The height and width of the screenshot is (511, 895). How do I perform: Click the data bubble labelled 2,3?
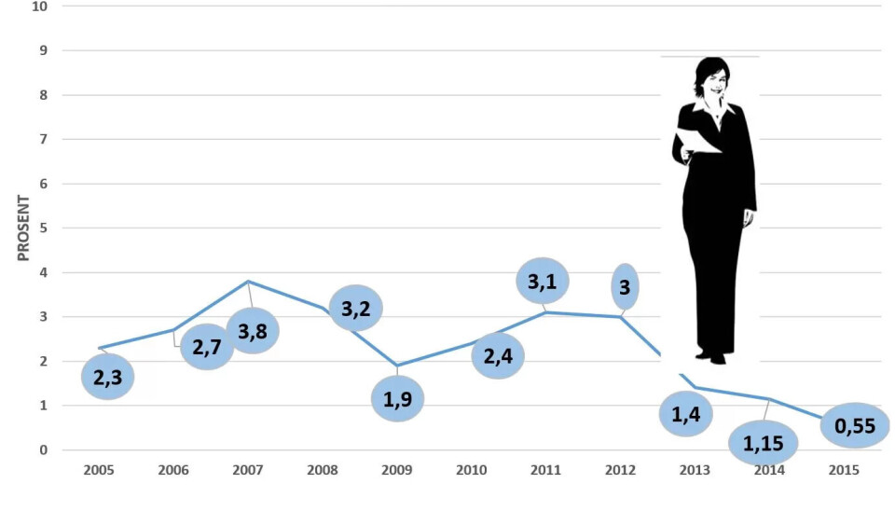108,377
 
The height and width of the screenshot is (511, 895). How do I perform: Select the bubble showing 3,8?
253,330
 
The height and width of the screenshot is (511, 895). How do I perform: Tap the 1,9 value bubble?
397,398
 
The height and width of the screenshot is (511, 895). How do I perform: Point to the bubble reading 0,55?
854,426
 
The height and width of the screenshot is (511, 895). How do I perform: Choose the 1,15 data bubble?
764,443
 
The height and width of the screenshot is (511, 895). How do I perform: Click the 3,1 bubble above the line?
542,281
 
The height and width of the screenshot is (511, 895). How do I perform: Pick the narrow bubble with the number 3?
625,287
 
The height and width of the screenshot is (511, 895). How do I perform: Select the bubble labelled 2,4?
498,355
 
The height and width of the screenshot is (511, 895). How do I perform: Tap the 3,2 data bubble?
355,308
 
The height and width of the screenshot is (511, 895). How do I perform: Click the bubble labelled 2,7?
206,347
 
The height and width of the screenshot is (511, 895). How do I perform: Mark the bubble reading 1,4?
685,413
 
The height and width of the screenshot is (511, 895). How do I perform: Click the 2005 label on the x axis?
99,470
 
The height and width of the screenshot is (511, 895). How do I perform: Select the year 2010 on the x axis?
472,470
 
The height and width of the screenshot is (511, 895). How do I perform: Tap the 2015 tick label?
844,470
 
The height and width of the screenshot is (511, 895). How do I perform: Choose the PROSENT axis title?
23,228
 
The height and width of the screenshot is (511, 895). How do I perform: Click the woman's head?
712,78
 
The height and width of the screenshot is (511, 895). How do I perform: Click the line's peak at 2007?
248,282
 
